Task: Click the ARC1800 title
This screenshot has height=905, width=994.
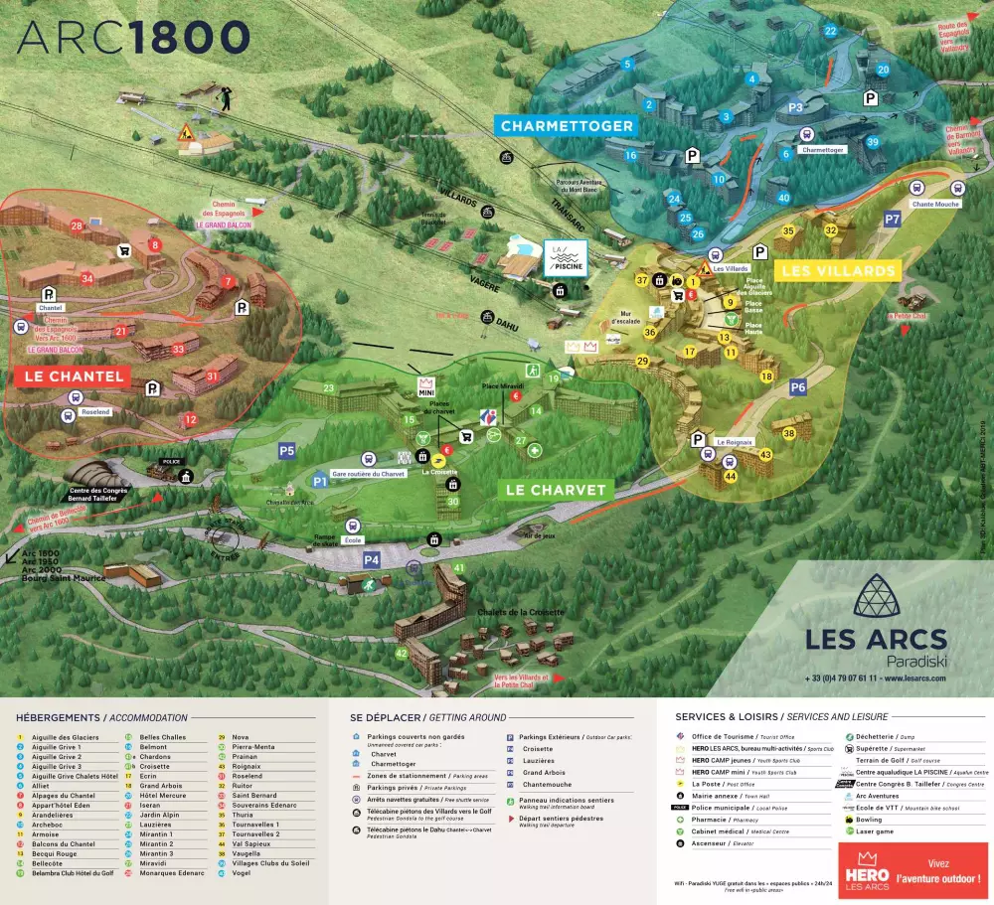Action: coord(133,38)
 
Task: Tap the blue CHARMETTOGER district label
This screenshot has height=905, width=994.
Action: coord(567,126)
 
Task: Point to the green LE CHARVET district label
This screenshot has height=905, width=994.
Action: coord(556,490)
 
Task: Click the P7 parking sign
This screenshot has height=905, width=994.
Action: coord(892,219)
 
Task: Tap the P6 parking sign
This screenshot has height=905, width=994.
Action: coord(798,386)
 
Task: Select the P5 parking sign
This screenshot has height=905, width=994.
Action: coord(287,451)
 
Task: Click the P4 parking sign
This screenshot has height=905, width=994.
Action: coord(372,559)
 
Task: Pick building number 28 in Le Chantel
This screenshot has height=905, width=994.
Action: coord(77,226)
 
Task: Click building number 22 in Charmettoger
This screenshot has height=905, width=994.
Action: coord(830,31)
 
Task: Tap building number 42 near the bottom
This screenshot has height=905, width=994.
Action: coord(402,653)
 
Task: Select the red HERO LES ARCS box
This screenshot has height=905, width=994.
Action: coord(913,870)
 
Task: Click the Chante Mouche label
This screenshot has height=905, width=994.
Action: coord(935,204)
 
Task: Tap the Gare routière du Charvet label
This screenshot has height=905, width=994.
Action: coord(368,474)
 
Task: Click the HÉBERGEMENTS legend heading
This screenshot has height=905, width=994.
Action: coord(58,717)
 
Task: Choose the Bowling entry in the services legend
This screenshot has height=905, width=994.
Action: coord(869,820)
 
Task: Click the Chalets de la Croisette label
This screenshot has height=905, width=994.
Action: coord(520,613)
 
